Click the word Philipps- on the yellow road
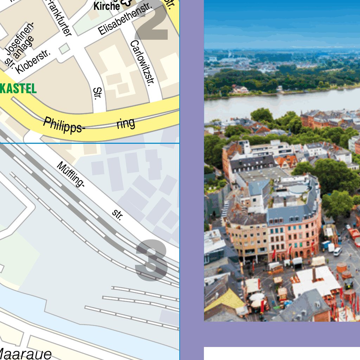coord(64,126)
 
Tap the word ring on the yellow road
coord(126,123)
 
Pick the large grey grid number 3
coord(152,260)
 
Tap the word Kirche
coord(107,6)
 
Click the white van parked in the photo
coord(337,251)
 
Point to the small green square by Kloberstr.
coord(64,49)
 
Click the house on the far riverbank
coord(240,89)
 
